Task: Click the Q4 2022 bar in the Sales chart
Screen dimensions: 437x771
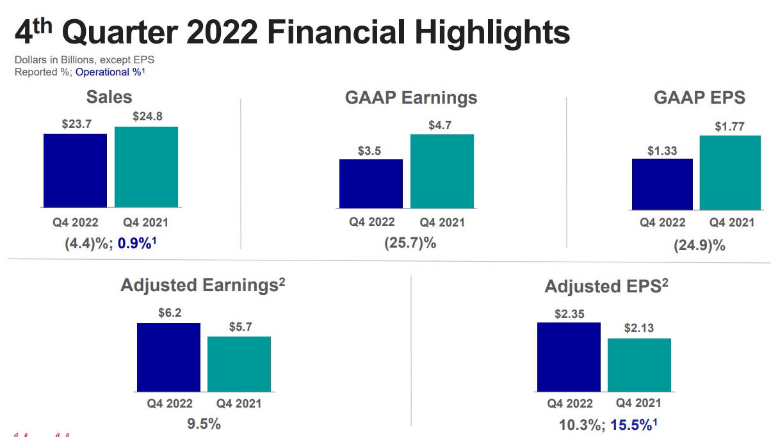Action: coord(75,170)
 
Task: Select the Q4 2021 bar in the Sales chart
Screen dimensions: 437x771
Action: coord(146,167)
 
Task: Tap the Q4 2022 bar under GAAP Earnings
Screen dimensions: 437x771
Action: coord(371,184)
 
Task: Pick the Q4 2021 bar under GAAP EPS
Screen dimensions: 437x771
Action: coord(730,173)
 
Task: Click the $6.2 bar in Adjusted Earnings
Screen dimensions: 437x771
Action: coord(168,357)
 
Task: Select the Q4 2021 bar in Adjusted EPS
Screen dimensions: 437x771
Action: coord(639,365)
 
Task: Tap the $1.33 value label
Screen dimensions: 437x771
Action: coord(662,150)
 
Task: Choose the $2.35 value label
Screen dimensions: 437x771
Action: coord(569,314)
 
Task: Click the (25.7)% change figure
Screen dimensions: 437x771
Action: coord(410,243)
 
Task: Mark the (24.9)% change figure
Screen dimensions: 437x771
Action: coord(699,245)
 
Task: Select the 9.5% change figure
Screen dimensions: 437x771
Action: coord(203,424)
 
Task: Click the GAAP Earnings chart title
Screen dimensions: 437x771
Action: coord(411,98)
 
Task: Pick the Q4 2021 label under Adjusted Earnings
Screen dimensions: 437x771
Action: coord(239,404)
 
